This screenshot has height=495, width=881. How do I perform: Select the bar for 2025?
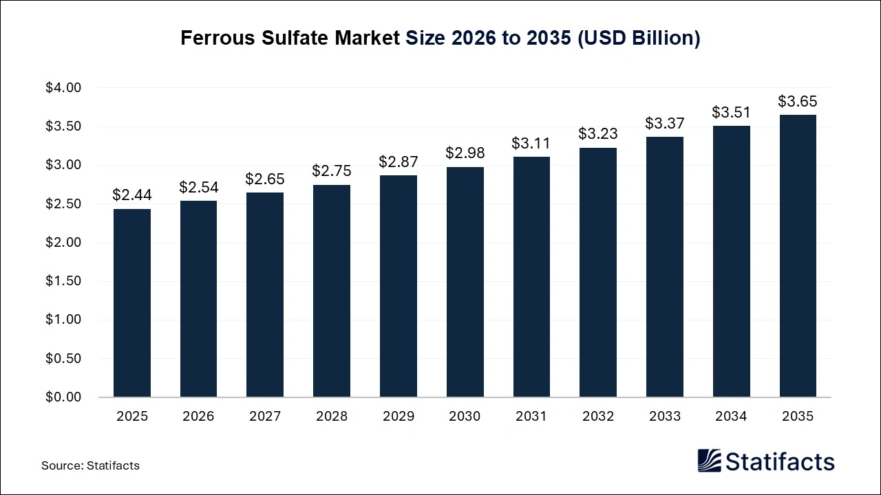pos(132,302)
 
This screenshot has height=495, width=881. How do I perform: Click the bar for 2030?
pos(465,282)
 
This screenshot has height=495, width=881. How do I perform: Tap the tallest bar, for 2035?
pos(798,256)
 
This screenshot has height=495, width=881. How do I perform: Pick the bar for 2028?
pos(332,291)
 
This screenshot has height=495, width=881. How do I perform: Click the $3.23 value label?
pos(598,133)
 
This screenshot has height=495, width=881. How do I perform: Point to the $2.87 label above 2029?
pos(399,162)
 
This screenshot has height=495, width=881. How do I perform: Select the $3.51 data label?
pos(731,112)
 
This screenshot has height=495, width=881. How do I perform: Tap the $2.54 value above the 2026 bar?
pos(199,187)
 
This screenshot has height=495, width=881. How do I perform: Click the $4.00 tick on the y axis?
pos(63,88)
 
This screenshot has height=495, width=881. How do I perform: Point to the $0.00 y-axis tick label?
pos(63,397)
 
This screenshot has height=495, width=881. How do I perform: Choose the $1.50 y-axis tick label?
pos(63,281)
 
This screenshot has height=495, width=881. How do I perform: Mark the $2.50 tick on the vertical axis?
pos(63,204)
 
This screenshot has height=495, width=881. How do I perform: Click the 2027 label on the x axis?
pos(265,417)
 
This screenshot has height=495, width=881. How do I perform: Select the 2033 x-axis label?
pos(665,417)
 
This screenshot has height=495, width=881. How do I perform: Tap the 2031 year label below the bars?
pos(531,417)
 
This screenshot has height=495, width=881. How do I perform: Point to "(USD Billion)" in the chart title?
pos(639,38)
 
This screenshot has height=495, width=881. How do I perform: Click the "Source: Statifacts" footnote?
pos(90,465)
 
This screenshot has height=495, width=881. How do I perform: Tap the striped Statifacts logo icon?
pos(709,461)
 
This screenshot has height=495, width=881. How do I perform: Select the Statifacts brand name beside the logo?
pos(780,461)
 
